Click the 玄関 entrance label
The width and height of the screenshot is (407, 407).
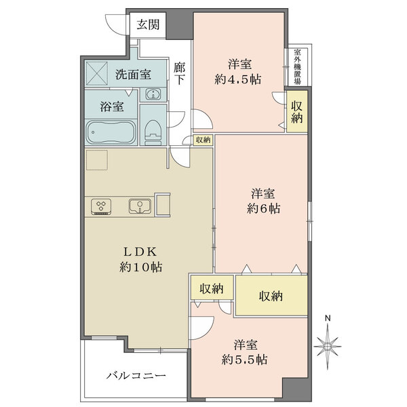148,24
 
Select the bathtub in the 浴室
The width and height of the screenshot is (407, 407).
111,132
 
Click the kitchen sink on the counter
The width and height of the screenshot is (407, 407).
140,206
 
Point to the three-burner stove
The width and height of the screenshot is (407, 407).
101,207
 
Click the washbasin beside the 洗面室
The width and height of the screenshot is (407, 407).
153,94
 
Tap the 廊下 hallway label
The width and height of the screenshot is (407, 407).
179,73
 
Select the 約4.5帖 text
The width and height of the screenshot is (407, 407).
238,79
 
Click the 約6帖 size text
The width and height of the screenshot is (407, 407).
264,208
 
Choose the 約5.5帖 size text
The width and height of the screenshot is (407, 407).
244,360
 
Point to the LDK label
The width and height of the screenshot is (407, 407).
140,252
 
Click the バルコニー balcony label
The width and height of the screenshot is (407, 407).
136,376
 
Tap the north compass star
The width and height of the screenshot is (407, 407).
328,346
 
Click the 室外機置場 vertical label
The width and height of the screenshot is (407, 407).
298,66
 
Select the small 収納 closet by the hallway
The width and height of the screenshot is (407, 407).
203,140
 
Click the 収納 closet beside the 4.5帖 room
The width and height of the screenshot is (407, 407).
297,111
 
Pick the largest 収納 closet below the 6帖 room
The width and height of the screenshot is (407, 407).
271,296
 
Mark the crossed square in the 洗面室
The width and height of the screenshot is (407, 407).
96,73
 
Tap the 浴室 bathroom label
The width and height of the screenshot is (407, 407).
112,106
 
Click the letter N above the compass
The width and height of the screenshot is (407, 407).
328,318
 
